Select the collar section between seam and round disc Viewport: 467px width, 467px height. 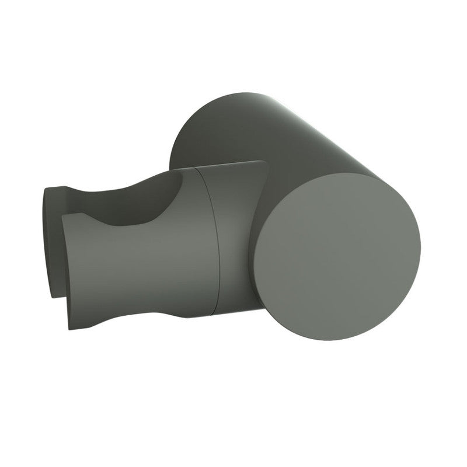pos(233,233)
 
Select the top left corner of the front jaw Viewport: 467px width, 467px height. pos(63,217)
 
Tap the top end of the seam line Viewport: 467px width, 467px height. pos(195,169)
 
